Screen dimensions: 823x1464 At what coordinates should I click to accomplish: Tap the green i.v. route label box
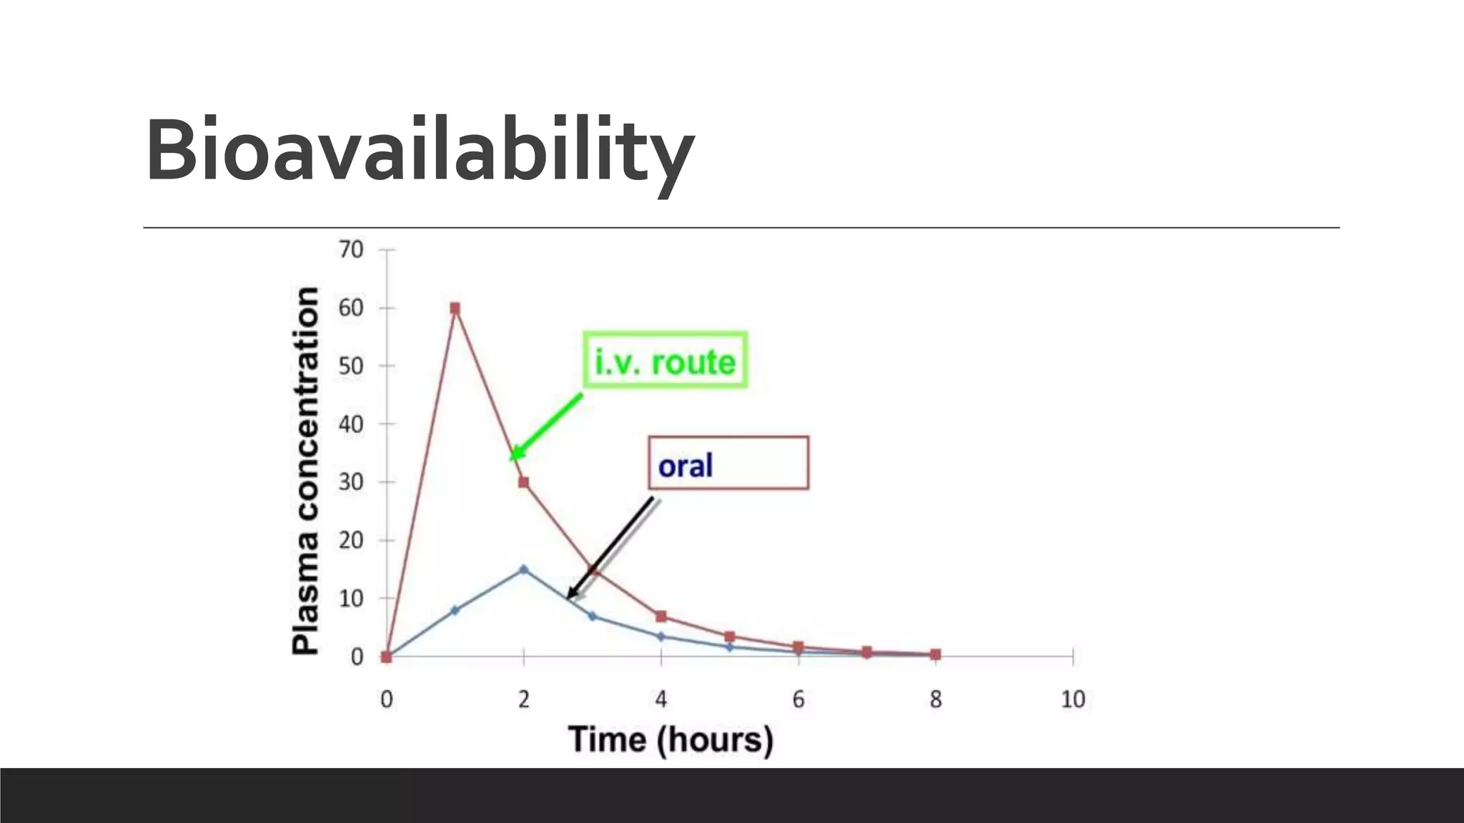pyautogui.click(x=665, y=361)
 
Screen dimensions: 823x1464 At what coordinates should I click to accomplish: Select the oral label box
pyautogui.click(x=728, y=463)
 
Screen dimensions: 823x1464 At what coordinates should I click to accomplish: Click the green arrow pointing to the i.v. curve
pyautogui.click(x=547, y=426)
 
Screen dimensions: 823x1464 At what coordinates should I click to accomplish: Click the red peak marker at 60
pyautogui.click(x=455, y=309)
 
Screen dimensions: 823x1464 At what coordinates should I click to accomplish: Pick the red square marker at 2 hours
pyautogui.click(x=523, y=482)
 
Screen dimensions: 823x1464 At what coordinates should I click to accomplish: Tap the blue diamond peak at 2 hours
pyautogui.click(x=523, y=569)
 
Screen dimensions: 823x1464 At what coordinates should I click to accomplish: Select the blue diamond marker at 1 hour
pyautogui.click(x=455, y=610)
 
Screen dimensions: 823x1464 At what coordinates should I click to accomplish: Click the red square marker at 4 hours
pyautogui.click(x=661, y=617)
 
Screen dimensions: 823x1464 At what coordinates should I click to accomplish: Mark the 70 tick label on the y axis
pyautogui.click(x=351, y=250)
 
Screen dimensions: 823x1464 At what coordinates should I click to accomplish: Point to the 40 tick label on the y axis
pyautogui.click(x=351, y=424)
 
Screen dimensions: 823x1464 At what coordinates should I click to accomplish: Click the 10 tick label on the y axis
pyautogui.click(x=351, y=599)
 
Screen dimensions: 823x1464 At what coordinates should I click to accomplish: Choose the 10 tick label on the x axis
pyautogui.click(x=1072, y=699)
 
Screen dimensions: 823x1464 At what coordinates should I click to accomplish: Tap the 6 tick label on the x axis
pyautogui.click(x=798, y=699)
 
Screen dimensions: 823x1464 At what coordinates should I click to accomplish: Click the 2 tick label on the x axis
pyautogui.click(x=524, y=699)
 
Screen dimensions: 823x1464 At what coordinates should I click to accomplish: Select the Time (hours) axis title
pyautogui.click(x=671, y=739)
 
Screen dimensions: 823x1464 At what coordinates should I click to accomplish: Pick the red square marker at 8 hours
pyautogui.click(x=935, y=654)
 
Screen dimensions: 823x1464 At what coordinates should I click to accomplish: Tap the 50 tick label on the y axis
pyautogui.click(x=351, y=366)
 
